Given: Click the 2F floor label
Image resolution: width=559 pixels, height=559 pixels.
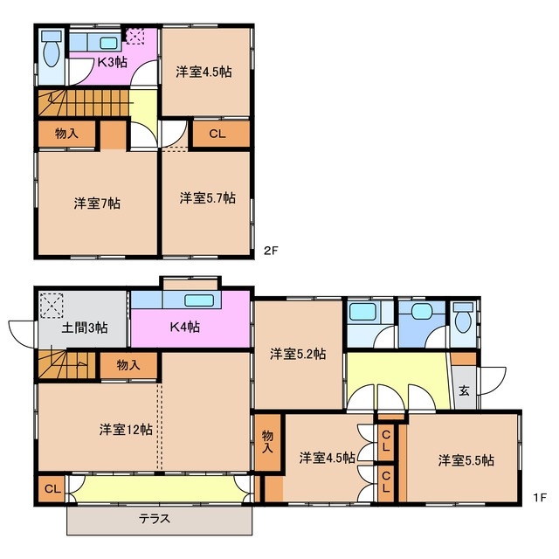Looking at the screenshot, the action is [270, 251].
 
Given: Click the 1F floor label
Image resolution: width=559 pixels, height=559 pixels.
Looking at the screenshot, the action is [540, 497].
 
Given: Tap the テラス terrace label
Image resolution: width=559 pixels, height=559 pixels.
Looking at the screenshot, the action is [155, 519].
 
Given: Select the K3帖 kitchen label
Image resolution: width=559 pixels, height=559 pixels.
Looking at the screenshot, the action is [113, 62].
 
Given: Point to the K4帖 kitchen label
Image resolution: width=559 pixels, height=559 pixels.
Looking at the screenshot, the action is [184, 327].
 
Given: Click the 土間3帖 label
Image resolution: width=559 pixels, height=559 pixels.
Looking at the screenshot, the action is [85, 328].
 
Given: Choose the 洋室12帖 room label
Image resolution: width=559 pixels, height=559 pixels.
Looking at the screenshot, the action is [126, 429].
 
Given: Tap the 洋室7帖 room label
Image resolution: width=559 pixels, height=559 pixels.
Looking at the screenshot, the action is [97, 204].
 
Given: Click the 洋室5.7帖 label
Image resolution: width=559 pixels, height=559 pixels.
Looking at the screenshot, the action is [208, 198].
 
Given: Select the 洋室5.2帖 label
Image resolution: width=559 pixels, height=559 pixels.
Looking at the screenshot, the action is [298, 354].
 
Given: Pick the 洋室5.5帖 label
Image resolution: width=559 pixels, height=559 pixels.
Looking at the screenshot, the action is [466, 460].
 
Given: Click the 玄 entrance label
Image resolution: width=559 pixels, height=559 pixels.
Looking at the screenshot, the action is [464, 390].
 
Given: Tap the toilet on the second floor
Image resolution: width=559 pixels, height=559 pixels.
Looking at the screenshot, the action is [52, 49].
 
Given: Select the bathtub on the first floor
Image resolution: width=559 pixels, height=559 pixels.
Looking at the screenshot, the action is [362, 312].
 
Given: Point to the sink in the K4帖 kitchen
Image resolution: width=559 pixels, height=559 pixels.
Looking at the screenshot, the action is [199, 300].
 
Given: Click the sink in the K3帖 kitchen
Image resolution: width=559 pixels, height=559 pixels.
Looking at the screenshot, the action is [108, 43].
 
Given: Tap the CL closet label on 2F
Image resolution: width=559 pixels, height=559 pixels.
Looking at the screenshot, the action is [217, 134].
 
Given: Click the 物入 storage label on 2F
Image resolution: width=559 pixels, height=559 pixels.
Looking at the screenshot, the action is [66, 134].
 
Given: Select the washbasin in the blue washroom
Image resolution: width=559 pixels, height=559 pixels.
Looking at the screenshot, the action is [421, 311].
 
